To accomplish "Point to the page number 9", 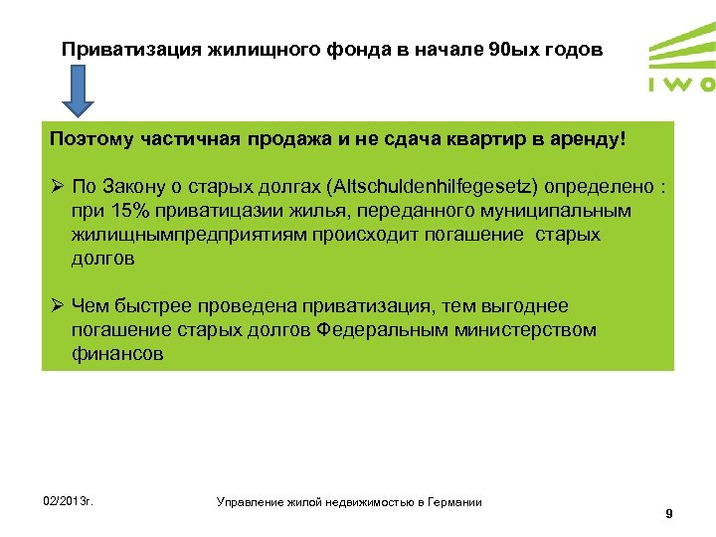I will click(669, 513).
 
